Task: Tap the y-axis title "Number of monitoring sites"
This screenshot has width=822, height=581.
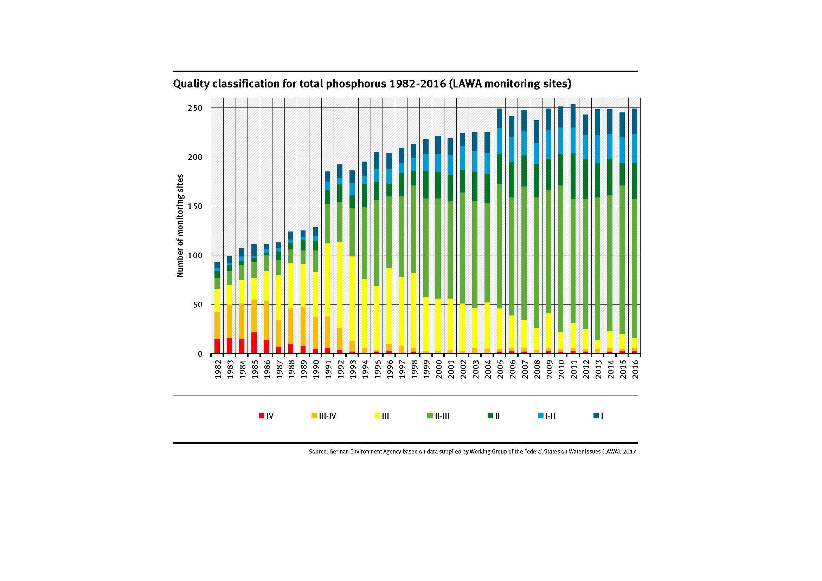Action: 180,226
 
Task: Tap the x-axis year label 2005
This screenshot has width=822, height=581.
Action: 500,369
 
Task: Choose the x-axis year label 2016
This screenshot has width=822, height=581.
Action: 635,369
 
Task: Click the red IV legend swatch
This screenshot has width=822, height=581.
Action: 261,416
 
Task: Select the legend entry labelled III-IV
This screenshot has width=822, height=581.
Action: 324,416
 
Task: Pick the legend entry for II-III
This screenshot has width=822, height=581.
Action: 438,416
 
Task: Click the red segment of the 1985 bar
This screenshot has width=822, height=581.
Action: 254,343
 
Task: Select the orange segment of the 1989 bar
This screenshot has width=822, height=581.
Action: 303,326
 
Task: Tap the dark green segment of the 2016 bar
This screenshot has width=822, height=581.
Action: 634,181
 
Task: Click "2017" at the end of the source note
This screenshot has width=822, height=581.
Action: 629,452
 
